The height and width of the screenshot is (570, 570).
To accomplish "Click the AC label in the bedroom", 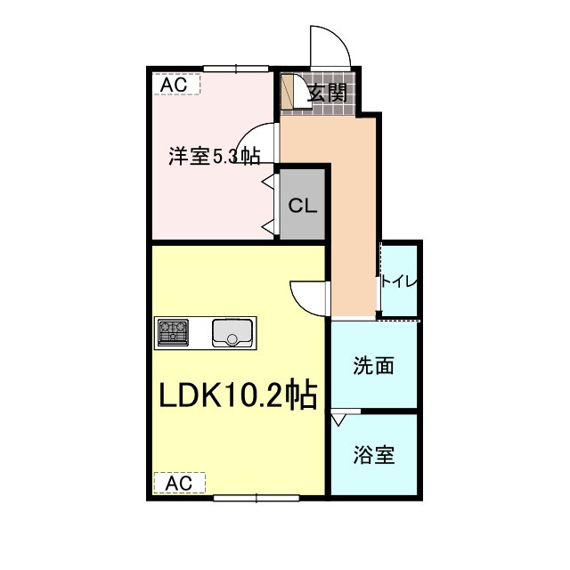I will (174, 84).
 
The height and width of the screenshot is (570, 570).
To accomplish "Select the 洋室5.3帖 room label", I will (215, 157).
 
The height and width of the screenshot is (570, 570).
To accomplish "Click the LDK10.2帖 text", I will (238, 395).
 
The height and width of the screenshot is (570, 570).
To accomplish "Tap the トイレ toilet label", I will (399, 281).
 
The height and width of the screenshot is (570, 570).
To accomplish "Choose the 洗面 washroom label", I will (373, 365).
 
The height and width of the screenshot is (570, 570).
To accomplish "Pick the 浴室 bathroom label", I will (373, 455).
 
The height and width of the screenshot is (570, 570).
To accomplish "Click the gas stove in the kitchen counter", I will (175, 332).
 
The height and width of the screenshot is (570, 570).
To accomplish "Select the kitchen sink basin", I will (233, 333).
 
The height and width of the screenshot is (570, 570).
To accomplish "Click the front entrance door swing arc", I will (328, 45).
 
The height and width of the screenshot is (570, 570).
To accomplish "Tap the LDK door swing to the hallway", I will (307, 296).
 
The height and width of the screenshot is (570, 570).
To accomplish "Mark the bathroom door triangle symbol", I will (339, 418).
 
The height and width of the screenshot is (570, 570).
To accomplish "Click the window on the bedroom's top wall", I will (236, 69).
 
